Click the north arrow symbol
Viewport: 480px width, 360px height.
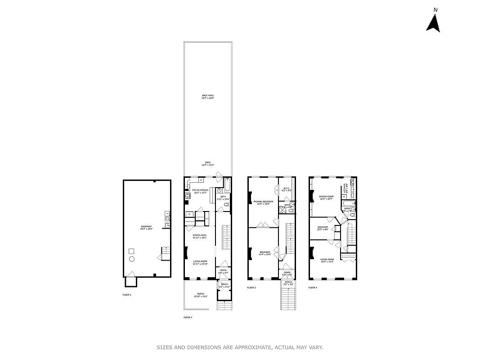point(433,23)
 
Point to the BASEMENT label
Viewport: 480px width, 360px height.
point(146,227)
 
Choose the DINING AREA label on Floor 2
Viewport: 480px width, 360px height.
point(199,236)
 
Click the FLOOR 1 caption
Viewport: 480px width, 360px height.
point(127,295)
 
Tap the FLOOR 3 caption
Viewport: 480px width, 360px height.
point(251,288)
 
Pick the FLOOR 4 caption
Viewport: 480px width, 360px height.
point(313,287)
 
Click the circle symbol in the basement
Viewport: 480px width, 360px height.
point(132,259)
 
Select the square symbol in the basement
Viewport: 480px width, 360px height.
point(132,251)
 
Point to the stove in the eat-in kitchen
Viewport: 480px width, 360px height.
point(187,195)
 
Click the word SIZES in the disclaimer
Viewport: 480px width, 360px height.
point(165,347)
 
